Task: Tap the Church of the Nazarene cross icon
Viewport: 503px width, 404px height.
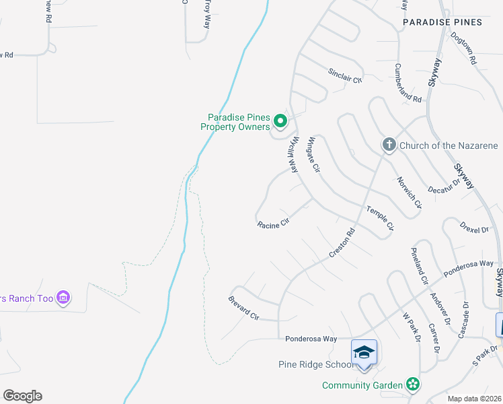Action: pyautogui.click(x=388, y=145)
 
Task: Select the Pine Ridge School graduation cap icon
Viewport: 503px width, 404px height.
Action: pyautogui.click(x=364, y=352)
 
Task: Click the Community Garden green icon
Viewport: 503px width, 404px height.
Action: pyautogui.click(x=414, y=385)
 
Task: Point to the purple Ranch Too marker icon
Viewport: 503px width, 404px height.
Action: pyautogui.click(x=64, y=297)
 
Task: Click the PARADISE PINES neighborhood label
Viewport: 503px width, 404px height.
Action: pyautogui.click(x=442, y=22)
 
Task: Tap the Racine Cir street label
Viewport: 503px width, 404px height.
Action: pyautogui.click(x=272, y=224)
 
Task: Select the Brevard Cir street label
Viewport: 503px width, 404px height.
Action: pyautogui.click(x=243, y=306)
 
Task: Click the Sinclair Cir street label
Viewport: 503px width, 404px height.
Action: pyautogui.click(x=345, y=75)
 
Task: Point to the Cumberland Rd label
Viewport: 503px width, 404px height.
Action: pyautogui.click(x=408, y=83)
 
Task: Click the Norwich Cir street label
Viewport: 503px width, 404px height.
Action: pyautogui.click(x=409, y=193)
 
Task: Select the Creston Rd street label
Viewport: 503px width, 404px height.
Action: pyautogui.click(x=341, y=243)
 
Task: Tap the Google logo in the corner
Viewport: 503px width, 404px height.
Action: pyautogui.click(x=22, y=396)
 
